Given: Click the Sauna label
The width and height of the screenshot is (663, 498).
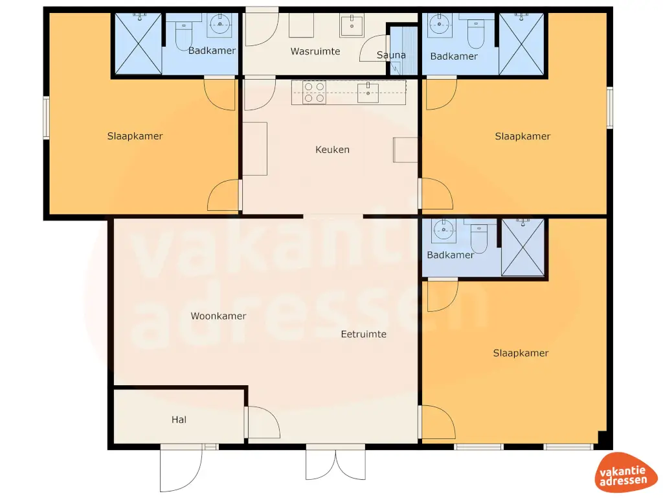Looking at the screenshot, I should (391, 55).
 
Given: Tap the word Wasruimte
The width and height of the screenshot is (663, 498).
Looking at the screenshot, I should (315, 51).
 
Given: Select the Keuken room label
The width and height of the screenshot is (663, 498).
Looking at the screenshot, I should (332, 150).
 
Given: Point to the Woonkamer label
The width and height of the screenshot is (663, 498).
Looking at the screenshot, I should (218, 316).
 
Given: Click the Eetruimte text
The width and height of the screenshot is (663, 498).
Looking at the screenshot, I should (364, 335).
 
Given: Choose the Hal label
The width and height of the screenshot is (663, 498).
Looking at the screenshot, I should (179, 420).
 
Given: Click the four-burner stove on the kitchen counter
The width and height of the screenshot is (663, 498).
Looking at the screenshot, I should (315, 92).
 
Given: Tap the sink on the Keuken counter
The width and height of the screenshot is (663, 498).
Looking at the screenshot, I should (368, 93).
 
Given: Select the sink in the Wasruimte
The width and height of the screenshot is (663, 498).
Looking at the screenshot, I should (352, 26).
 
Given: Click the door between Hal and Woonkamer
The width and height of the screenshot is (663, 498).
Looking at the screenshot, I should (262, 421).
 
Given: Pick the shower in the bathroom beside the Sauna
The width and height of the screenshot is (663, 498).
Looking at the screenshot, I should (521, 43).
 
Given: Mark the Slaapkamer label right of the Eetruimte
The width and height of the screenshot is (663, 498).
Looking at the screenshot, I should (521, 353).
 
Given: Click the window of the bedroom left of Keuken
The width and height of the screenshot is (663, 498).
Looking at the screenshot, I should (46, 117).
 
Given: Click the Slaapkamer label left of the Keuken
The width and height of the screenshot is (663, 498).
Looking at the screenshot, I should (135, 136).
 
